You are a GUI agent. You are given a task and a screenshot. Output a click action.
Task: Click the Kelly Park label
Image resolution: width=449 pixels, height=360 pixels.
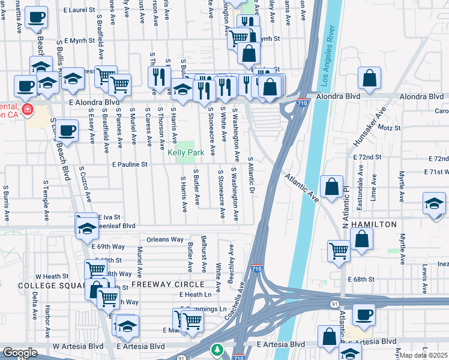185,153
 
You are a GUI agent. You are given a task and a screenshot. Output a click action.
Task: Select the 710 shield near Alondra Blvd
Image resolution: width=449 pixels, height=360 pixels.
303,103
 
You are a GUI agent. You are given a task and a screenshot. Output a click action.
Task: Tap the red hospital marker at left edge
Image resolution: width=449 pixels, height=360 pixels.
27,109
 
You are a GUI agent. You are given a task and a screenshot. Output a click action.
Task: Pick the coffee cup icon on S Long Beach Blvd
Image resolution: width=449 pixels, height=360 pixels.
68,130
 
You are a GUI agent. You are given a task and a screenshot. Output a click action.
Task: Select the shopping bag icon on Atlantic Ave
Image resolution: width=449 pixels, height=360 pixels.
332,187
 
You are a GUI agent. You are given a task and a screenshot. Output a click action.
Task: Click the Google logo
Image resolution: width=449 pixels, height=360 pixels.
20,353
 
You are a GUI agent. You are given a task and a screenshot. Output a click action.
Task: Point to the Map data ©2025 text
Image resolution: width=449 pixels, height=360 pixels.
424,355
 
